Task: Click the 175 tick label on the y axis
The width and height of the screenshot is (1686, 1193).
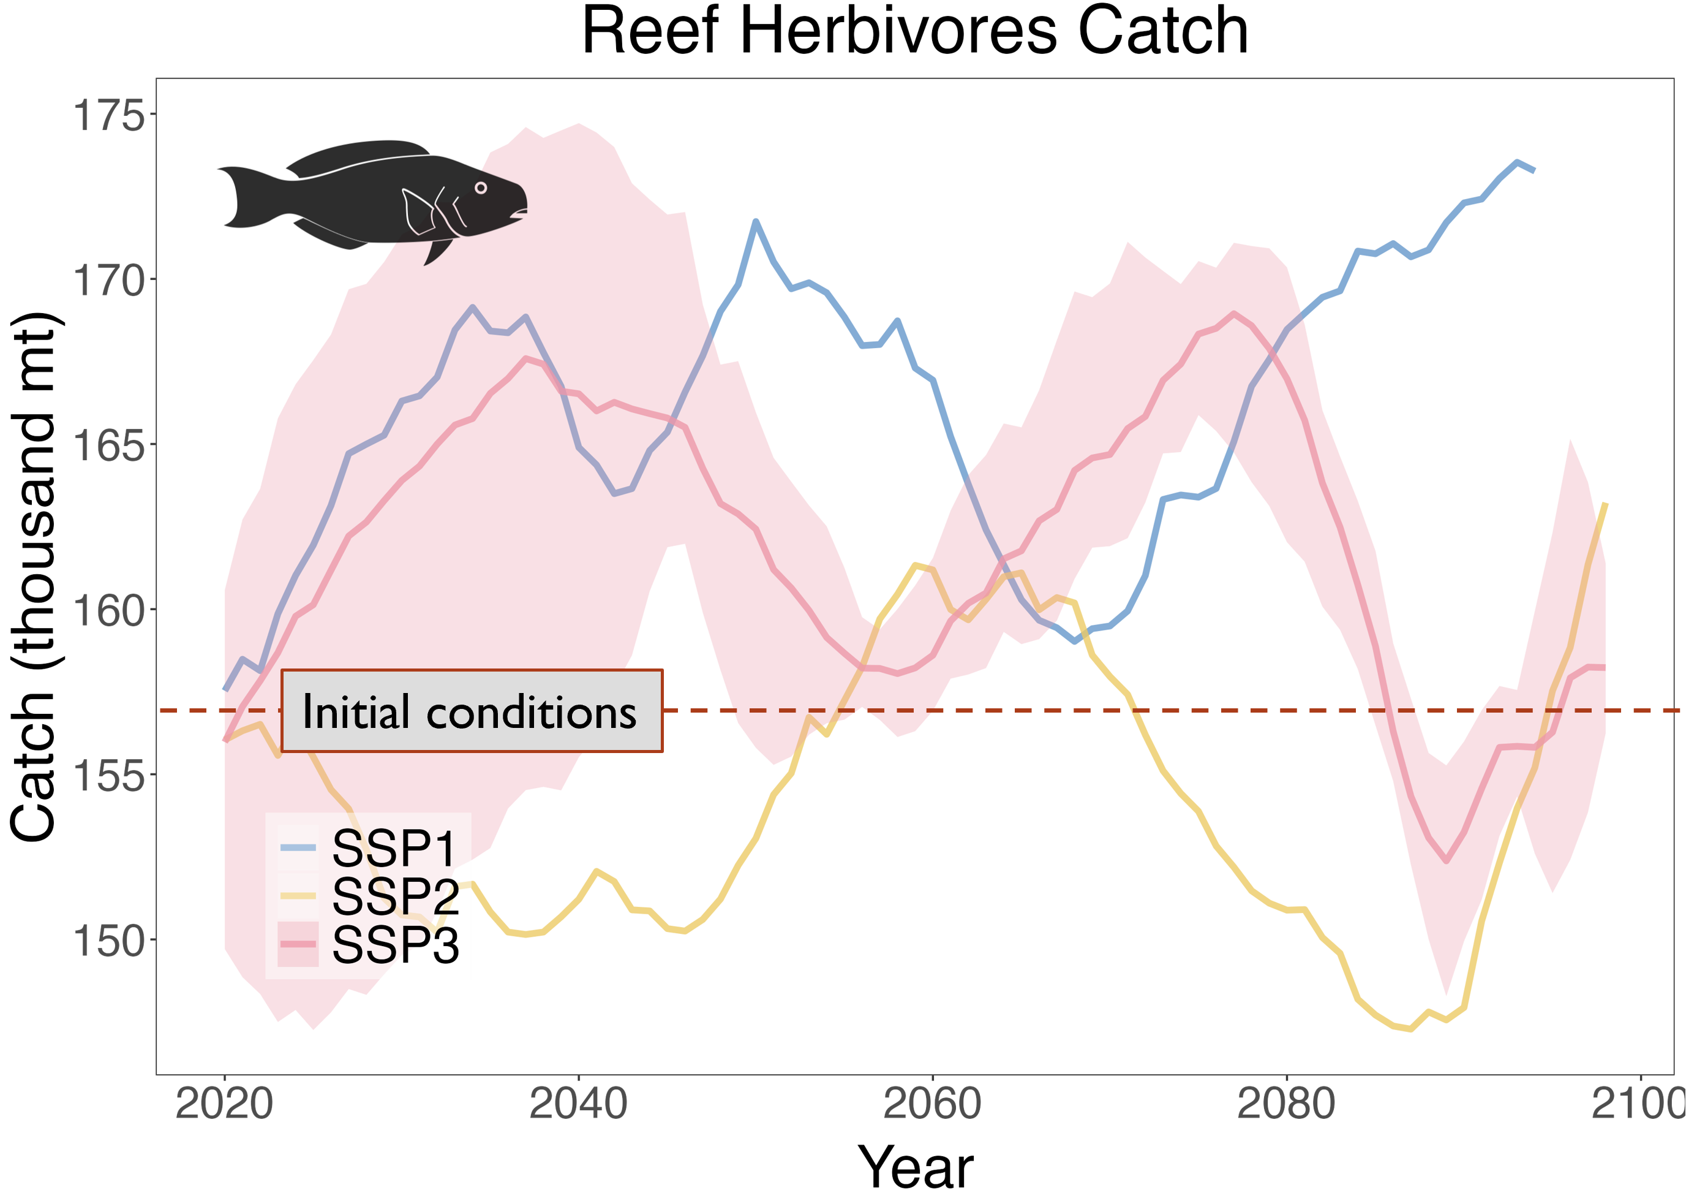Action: coord(108,115)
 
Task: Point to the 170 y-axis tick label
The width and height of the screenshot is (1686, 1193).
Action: coord(108,281)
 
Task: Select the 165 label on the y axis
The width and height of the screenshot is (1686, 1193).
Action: coord(108,446)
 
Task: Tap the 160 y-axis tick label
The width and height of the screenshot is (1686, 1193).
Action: coord(108,610)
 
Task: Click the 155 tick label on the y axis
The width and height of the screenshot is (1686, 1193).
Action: coord(108,776)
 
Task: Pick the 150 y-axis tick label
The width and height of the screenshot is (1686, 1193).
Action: coord(108,941)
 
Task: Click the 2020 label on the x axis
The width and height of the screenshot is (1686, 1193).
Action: coord(225,1104)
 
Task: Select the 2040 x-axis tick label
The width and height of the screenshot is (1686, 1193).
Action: coord(579,1104)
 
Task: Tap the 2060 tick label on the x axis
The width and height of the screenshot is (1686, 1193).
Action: coord(933,1104)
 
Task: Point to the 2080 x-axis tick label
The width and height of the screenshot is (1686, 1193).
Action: coord(1287,1104)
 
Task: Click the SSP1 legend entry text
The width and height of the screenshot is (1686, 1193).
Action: coord(395,849)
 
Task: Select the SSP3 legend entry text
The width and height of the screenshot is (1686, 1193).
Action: coord(395,945)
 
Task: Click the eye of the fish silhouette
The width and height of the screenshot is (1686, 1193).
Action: coord(481,188)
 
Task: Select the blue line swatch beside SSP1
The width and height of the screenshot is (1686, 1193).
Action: coord(298,848)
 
